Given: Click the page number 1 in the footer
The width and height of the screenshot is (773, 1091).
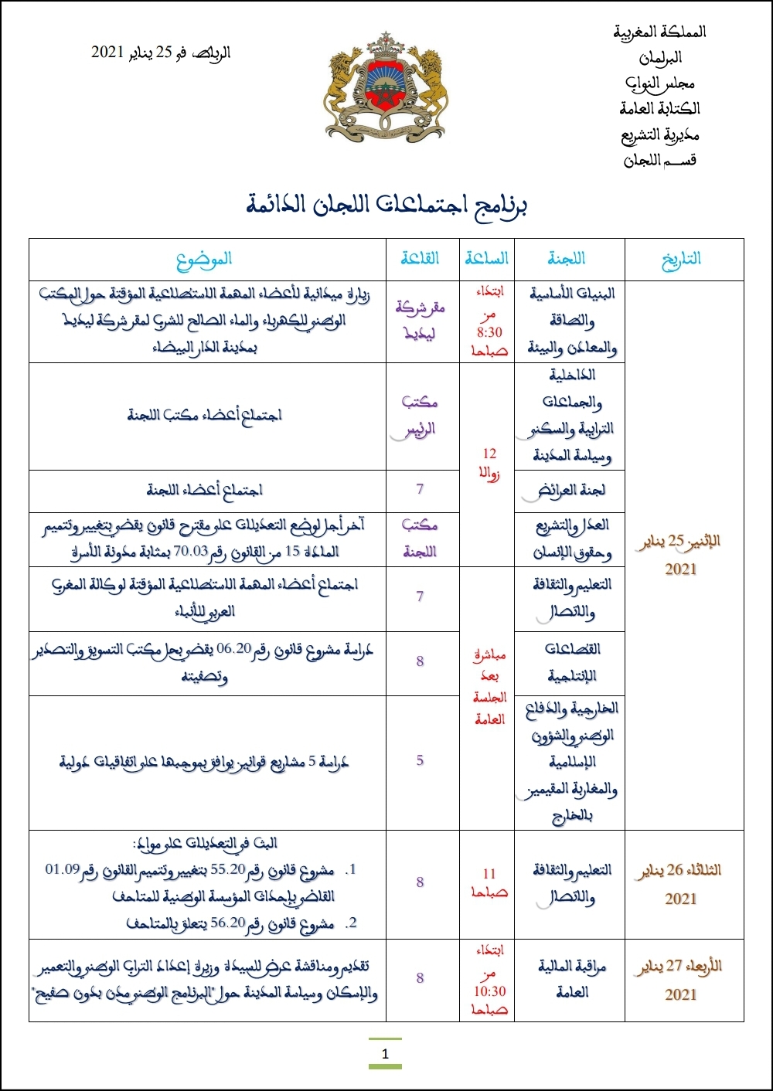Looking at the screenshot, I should tap(385, 1054).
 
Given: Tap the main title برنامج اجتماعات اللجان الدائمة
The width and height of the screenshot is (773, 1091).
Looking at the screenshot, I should tap(386, 205).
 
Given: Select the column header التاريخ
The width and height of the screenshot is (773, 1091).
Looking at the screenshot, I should tap(681, 259).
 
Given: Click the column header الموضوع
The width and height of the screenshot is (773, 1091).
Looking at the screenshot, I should tap(204, 260).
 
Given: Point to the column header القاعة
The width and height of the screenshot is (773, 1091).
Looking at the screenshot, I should tap(420, 259).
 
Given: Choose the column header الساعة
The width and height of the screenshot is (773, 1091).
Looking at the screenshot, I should tap(487, 259).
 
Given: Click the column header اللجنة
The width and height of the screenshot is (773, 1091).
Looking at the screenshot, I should tap(567, 259).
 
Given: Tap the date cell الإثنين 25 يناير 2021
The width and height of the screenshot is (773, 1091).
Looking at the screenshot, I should tap(680, 555).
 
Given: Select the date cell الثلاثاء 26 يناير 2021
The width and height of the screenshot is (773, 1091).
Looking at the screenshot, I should tap(680, 884).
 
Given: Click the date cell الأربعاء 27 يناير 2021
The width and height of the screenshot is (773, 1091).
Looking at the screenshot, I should tap(680, 980).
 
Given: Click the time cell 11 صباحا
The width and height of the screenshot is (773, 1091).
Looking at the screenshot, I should tap(489, 883).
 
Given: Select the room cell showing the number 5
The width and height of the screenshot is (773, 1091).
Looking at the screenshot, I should tap(420, 761).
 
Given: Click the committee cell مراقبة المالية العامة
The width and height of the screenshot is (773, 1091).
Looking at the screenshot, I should tap(572, 979).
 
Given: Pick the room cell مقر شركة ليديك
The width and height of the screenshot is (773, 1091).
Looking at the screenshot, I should tap(420, 321).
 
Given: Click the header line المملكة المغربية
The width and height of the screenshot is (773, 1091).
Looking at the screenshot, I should tap(659, 32).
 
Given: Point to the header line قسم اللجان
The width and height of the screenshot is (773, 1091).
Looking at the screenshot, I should tap(659, 160).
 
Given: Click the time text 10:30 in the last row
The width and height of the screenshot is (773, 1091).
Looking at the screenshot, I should tap(489, 991).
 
